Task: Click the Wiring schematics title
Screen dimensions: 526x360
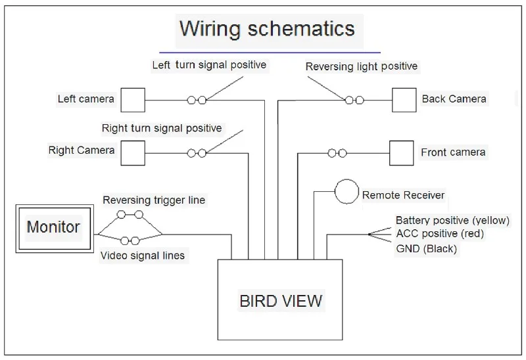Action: (x=268, y=29)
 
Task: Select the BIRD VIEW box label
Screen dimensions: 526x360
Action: (x=281, y=301)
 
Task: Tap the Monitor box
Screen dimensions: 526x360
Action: (x=55, y=229)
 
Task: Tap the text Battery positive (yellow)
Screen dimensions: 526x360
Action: (x=452, y=221)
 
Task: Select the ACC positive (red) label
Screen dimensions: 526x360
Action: (x=440, y=233)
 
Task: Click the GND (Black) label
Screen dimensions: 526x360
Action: (x=426, y=249)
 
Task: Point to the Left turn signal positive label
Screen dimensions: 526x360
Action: (x=209, y=64)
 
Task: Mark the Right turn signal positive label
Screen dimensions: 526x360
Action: (x=162, y=128)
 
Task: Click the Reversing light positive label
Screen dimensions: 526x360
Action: (x=362, y=66)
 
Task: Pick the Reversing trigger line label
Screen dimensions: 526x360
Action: (x=154, y=200)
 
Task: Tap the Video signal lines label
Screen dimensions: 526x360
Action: (x=143, y=256)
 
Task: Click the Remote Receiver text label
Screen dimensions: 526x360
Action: (x=403, y=195)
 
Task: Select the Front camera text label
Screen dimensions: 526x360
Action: (x=453, y=152)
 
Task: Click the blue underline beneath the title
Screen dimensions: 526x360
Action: (x=270, y=53)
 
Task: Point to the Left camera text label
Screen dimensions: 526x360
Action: (x=86, y=99)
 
